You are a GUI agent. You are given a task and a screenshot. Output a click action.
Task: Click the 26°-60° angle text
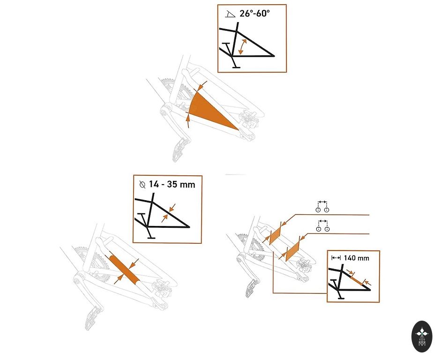click(x=254, y=13)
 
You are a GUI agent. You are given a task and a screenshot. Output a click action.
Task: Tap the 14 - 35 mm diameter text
click(x=172, y=184)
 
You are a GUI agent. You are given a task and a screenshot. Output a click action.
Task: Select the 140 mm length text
click(x=356, y=258)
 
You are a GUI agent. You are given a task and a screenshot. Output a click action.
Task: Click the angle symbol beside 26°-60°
click(x=230, y=14)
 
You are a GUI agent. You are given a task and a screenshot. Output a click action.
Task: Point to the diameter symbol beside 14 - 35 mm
click(x=142, y=185)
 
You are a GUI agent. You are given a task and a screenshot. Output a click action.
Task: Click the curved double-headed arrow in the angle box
click(x=242, y=46)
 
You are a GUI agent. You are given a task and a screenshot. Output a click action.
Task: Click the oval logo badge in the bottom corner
click(x=422, y=337)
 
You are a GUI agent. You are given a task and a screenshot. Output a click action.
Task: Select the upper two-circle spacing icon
click(x=322, y=207)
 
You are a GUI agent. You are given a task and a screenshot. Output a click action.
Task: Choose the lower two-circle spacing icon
click(x=322, y=226)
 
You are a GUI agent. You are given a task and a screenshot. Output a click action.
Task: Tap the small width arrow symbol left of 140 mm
click(x=336, y=258)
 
